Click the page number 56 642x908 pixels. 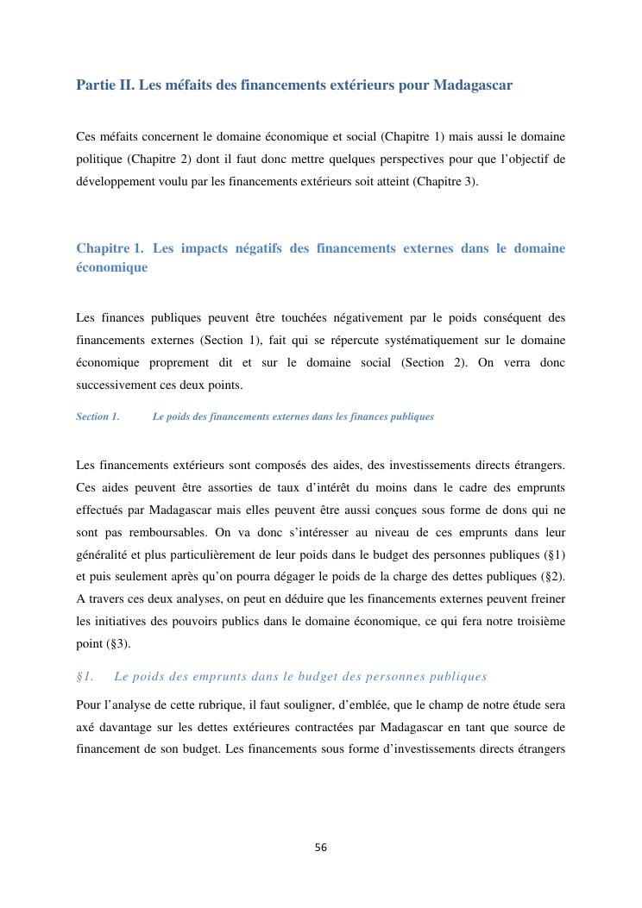pyautogui.click(x=321, y=847)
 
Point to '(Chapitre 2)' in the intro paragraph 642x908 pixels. pyautogui.click(x=158, y=160)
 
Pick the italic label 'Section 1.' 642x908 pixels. pyautogui.click(x=98, y=416)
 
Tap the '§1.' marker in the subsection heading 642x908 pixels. pyautogui.click(x=85, y=676)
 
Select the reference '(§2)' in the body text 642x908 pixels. pyautogui.click(x=549, y=577)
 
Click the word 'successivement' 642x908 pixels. pyautogui.click(x=116, y=385)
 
